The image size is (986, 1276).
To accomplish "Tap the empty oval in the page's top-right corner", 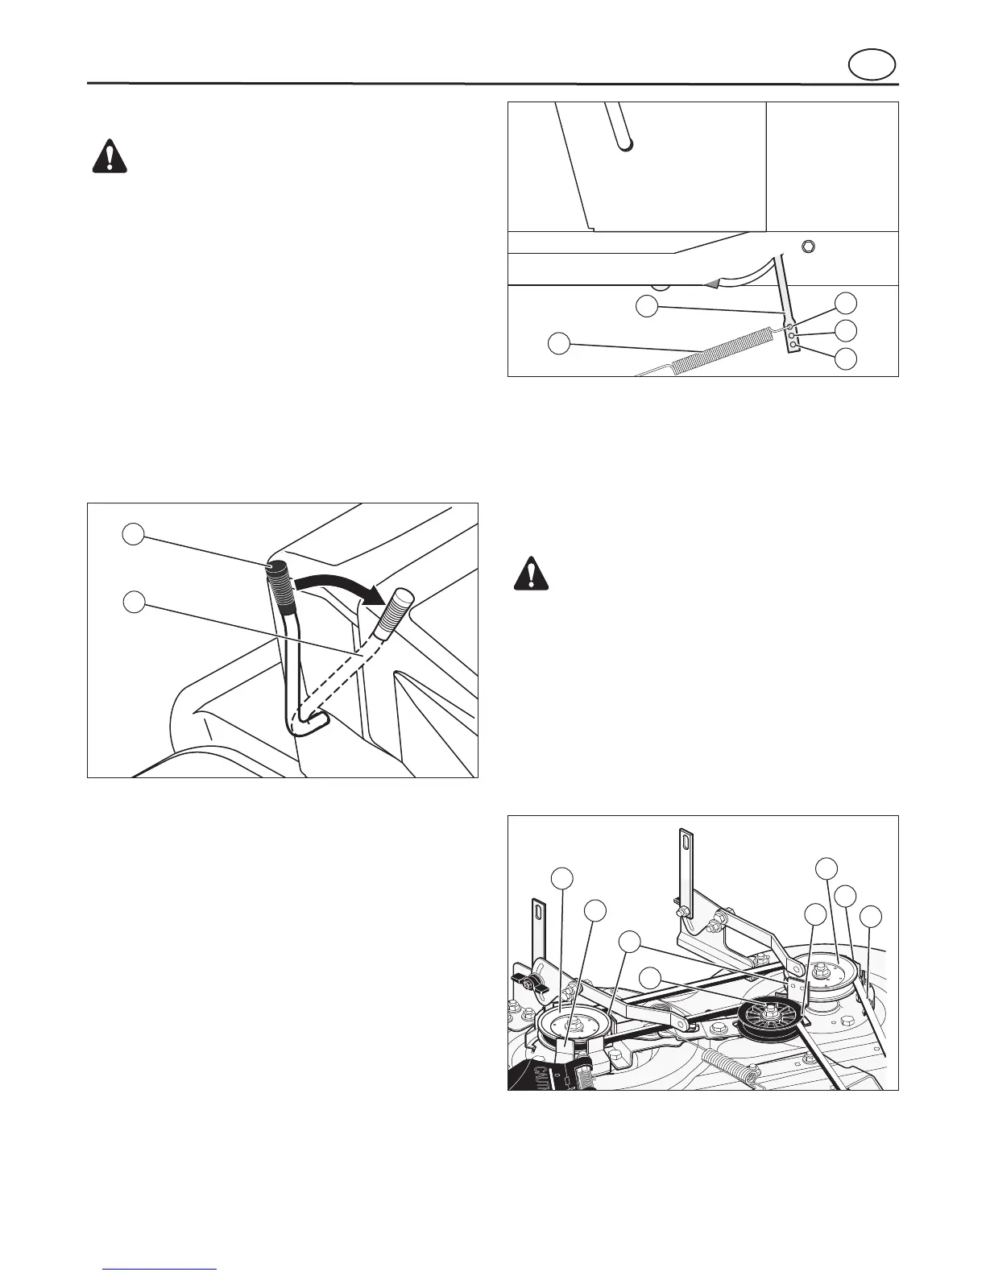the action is coord(873,65).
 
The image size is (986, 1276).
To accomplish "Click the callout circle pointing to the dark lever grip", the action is coord(134,534).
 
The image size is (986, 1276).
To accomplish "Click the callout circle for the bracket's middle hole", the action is coord(845,330).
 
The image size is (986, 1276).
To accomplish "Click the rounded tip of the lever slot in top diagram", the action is coord(625,144).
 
